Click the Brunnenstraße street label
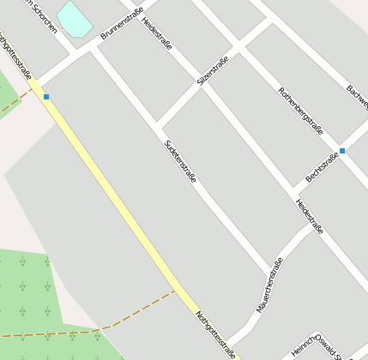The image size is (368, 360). (x=118, y=25)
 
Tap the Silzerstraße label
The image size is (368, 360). (x=213, y=69)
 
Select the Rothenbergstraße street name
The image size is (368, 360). (x=300, y=112)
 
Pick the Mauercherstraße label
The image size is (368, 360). (x=269, y=285)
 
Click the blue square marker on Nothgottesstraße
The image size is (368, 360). (x=46, y=97)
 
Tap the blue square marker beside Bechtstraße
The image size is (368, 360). (x=342, y=151)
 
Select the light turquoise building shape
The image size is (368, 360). (x=75, y=19)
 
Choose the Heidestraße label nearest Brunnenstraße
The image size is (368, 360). (x=157, y=33)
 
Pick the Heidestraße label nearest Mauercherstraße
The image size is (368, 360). (x=309, y=216)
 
